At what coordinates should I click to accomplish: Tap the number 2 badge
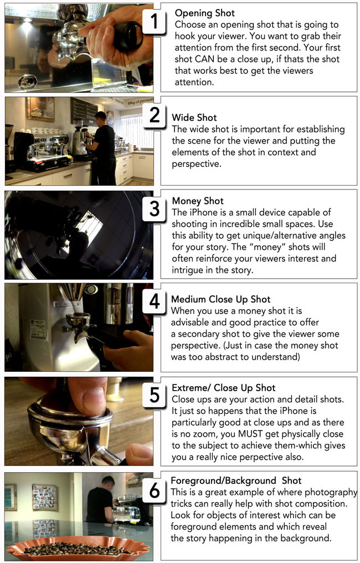click(x=155, y=116)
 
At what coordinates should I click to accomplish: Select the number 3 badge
click(x=155, y=210)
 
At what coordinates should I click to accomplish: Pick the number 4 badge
click(x=155, y=303)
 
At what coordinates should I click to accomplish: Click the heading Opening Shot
click(x=205, y=13)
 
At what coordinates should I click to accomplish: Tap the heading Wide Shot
click(x=194, y=117)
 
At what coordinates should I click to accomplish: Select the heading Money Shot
click(x=198, y=201)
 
